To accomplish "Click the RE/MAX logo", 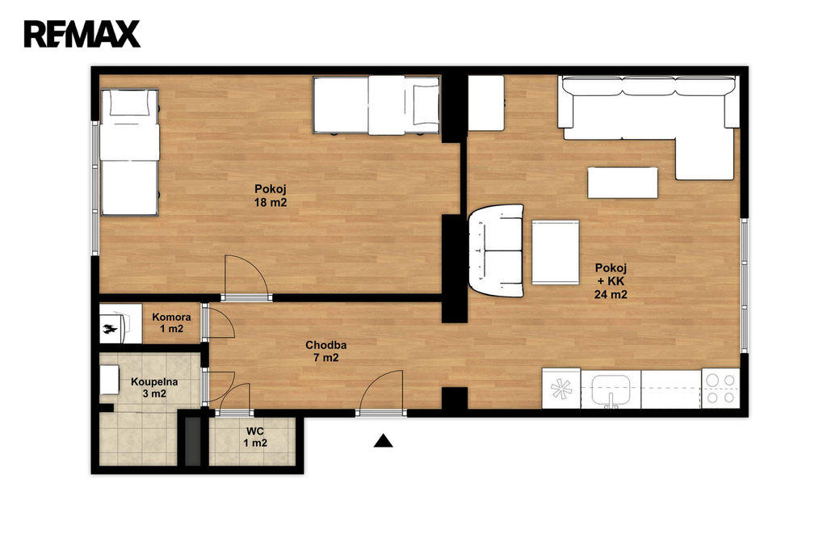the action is (x=82, y=34).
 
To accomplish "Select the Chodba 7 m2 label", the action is (x=326, y=351).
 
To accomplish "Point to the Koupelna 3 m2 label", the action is (x=154, y=387).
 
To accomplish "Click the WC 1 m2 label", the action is (x=255, y=437).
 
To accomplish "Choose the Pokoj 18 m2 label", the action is (x=271, y=196).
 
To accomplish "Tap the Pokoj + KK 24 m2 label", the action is (x=611, y=281).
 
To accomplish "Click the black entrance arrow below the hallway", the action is (x=384, y=440).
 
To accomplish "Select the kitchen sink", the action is (x=611, y=390).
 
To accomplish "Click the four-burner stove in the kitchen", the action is (x=720, y=389).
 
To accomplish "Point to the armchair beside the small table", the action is (x=497, y=250).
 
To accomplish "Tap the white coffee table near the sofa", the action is (x=623, y=183).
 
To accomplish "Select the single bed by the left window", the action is (x=130, y=153).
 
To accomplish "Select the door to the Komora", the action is (x=217, y=321).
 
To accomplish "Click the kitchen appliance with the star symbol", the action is (x=561, y=389).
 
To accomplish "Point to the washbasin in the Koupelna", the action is (x=110, y=380).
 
